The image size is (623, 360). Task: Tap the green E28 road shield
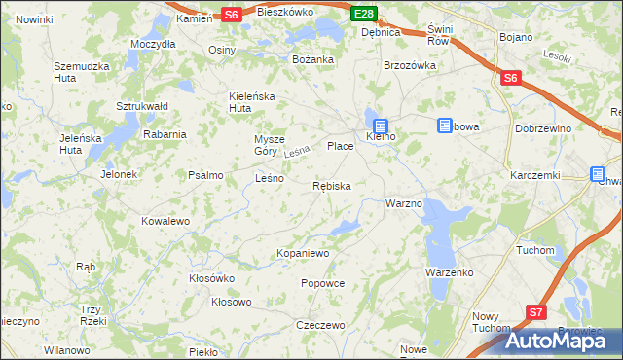(x=363, y=13)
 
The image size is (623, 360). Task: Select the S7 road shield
(x=535, y=312)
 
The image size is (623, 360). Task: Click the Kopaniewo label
(x=304, y=253)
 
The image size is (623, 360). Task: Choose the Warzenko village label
(x=449, y=272)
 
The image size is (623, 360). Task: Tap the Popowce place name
(x=323, y=283)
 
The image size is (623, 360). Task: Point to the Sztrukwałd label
(x=143, y=105)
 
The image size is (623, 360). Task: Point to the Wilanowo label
(x=67, y=349)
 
